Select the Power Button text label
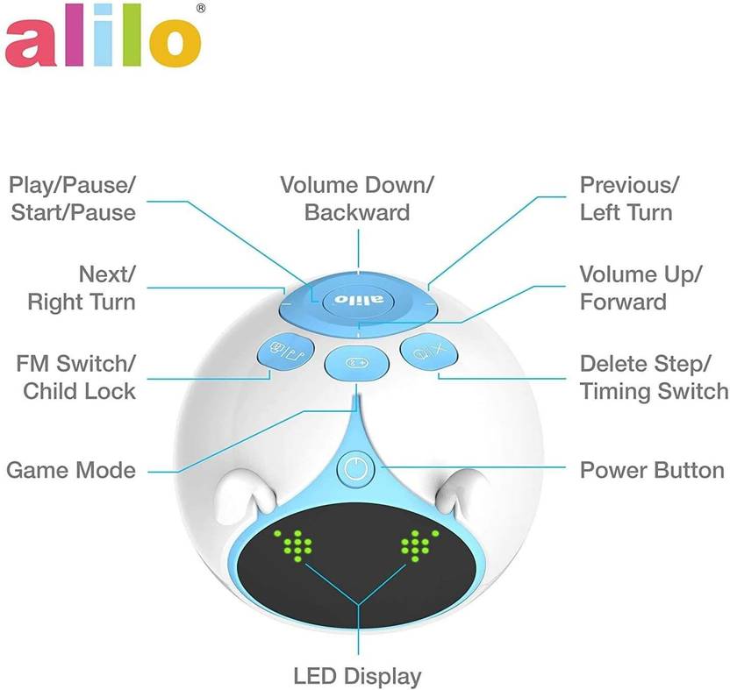pos(652,470)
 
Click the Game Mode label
pos(71,470)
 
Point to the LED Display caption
pos(357,676)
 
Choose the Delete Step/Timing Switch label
pos(653,376)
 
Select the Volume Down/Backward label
pos(357,198)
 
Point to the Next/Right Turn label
pos(82,288)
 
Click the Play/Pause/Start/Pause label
pos(73,198)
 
